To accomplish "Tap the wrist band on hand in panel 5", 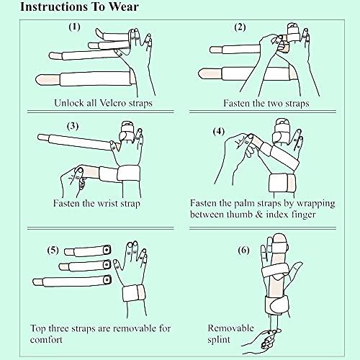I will (133, 294).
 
